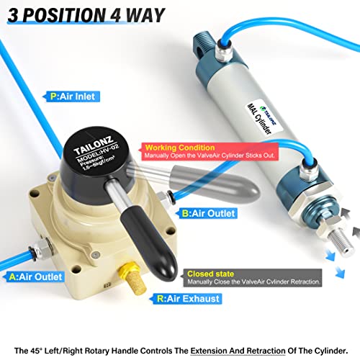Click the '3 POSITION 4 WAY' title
pyautogui.click(x=84, y=14)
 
